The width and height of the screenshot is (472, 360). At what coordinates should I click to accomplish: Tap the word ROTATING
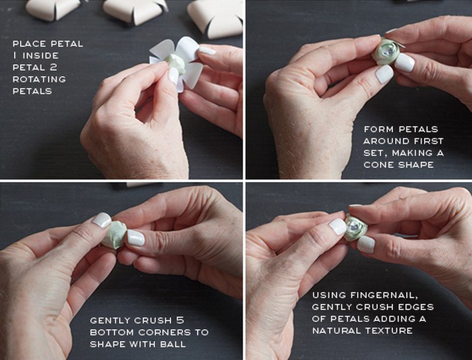click(x=39, y=79)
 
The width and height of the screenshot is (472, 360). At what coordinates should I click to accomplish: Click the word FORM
click(x=379, y=129)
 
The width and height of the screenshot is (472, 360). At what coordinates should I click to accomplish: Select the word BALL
click(x=173, y=344)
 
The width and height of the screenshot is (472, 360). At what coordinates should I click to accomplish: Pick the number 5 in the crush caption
click(x=180, y=320)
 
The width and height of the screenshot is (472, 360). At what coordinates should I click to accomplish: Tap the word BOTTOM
click(x=112, y=332)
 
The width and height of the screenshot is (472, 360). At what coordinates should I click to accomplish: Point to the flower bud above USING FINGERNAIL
click(x=356, y=228)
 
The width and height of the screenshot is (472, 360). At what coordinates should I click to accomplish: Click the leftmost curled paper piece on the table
click(x=53, y=9)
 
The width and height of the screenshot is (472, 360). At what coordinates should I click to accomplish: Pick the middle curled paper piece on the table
click(x=135, y=11)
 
